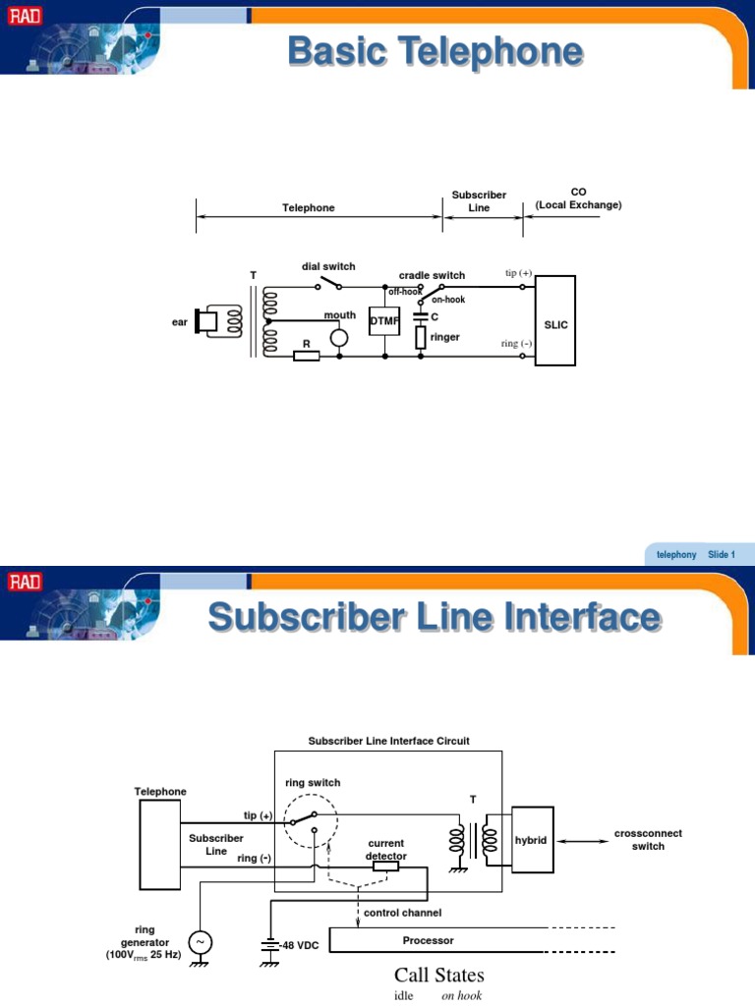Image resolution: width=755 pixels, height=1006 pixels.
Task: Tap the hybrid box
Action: pos(531,841)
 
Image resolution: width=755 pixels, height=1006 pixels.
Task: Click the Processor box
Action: pos(428,940)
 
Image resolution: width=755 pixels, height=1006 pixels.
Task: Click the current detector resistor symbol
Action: pos(385,866)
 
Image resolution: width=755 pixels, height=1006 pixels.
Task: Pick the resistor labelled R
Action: pos(307,356)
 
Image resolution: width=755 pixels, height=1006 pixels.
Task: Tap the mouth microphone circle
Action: pos(339,338)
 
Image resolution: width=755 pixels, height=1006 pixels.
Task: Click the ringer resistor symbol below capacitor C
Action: pos(420,338)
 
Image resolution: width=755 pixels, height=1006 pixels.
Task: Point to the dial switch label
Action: pos(328,266)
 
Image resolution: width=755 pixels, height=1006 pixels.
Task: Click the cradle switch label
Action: pos(432,275)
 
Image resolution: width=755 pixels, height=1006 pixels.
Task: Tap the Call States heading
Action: pos(438,976)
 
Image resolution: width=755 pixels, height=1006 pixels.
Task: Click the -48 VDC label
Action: pos(299,945)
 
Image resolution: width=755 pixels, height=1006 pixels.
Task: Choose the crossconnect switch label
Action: pos(648,840)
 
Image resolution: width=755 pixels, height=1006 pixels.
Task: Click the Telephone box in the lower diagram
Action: pos(159,842)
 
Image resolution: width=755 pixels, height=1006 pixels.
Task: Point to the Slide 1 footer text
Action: pos(721,555)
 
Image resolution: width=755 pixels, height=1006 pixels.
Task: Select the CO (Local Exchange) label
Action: pos(578,198)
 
